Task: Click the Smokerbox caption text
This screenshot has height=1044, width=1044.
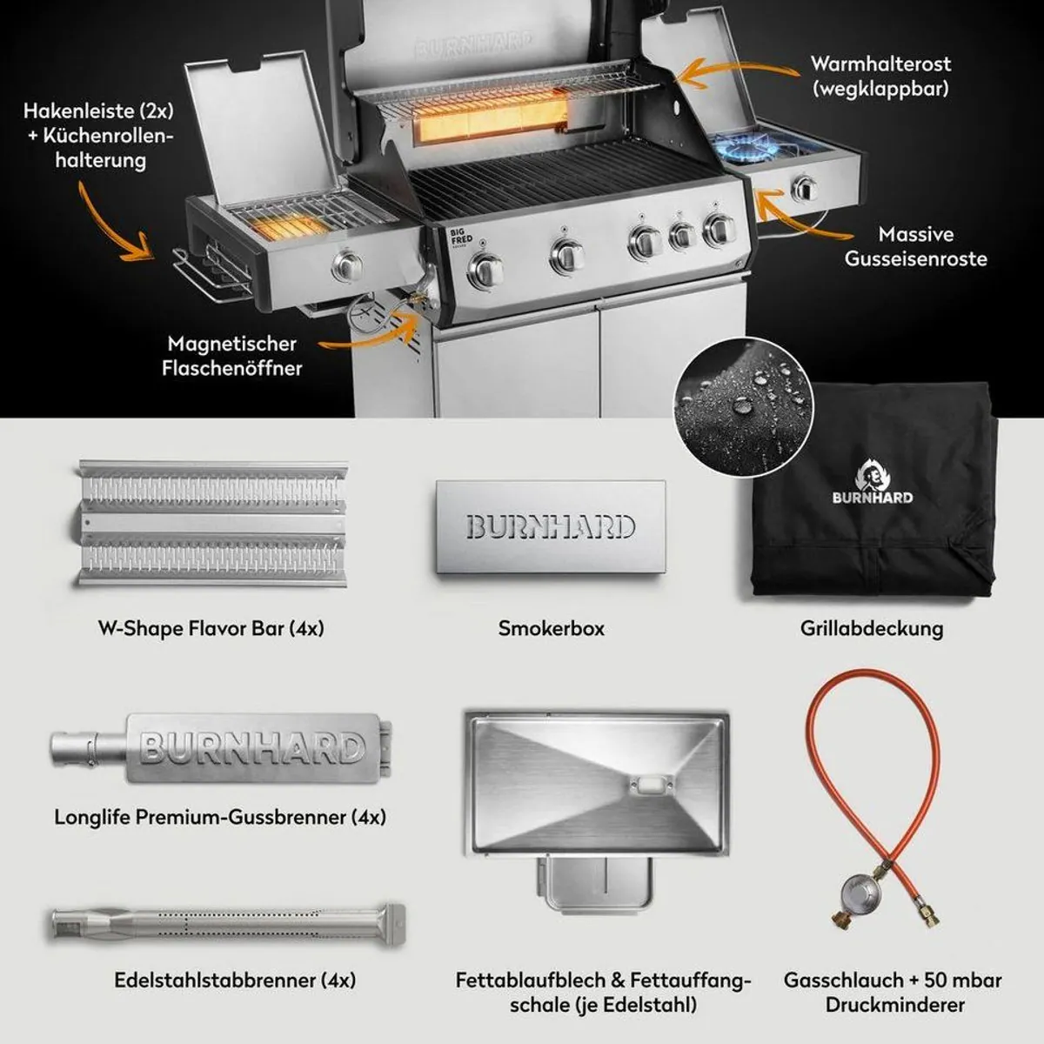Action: pos(551,628)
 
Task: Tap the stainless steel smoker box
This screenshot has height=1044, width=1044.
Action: pos(551,526)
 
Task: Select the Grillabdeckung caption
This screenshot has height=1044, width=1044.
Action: pos(872,628)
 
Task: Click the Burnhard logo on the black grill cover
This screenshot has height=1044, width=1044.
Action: pos(873,481)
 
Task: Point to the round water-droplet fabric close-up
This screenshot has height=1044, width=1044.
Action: pos(743,407)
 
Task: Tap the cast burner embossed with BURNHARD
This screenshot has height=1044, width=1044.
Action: pos(221,748)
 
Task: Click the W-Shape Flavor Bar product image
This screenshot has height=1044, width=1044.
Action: pos(211,524)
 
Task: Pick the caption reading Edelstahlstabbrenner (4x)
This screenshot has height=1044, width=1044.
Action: pos(235,980)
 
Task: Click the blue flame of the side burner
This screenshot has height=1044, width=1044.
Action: pos(746,147)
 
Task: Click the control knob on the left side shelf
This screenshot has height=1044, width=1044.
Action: pos(347,265)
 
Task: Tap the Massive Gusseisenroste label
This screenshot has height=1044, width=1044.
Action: pos(915,246)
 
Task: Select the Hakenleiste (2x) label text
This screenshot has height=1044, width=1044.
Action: pos(98,111)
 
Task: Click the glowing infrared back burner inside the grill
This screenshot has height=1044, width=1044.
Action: pos(491,122)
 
